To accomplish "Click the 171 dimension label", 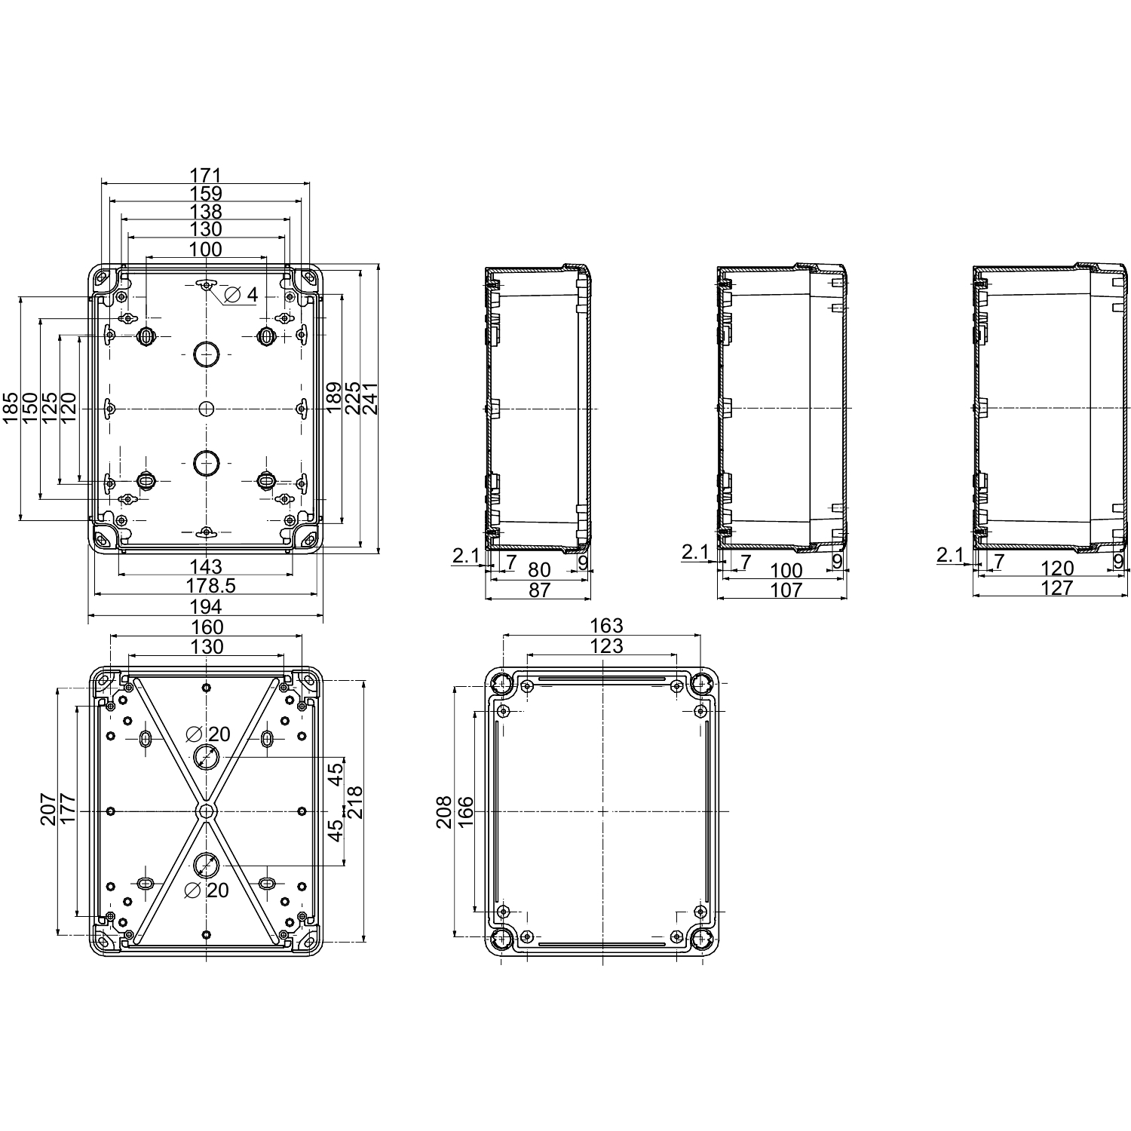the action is [206, 175].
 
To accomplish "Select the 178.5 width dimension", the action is [206, 586].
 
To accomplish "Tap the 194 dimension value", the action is [206, 606].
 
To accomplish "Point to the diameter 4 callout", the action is [241, 295].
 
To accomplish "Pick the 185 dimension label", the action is [11, 408].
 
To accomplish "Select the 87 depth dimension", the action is [539, 590].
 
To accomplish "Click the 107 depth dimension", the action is [787, 590].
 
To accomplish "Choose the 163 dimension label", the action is [606, 626].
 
